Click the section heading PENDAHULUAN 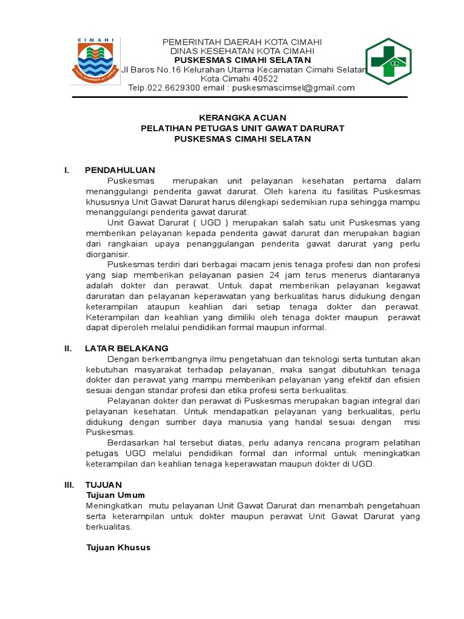pos(120,170)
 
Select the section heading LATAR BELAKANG pos(126,348)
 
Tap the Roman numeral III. pos(69,485)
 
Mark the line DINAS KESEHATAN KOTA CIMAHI pos(242,51)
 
